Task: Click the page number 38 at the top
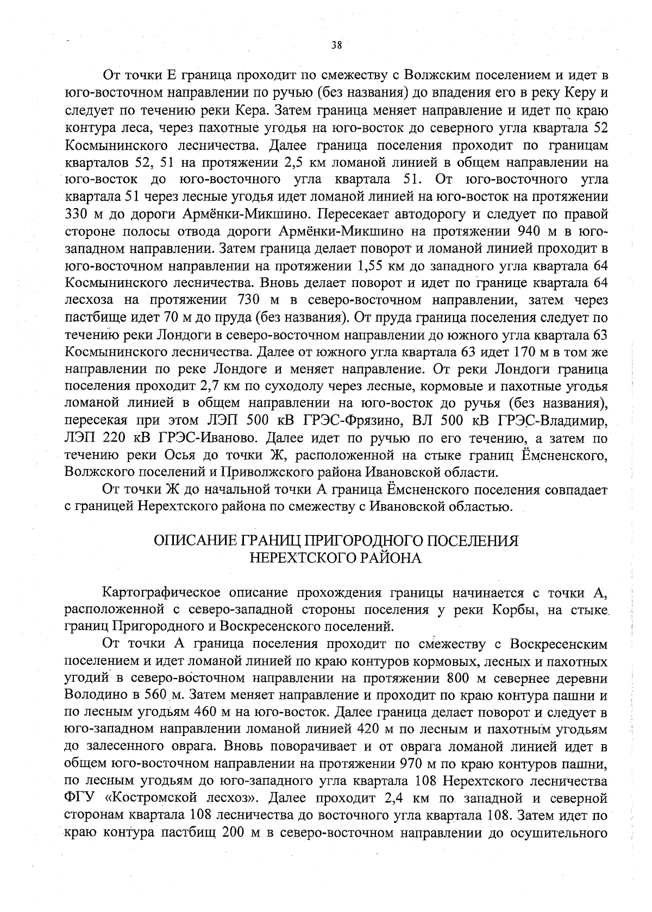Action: (x=336, y=46)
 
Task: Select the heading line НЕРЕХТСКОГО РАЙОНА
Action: (x=335, y=558)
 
